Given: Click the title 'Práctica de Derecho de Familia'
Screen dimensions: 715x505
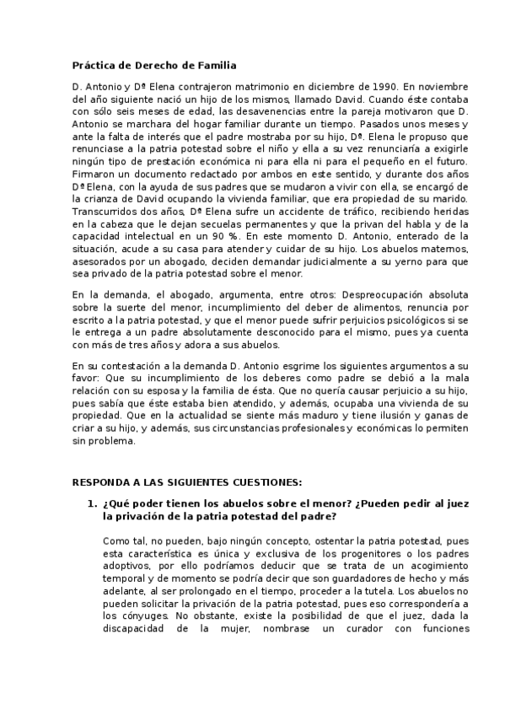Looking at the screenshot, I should click(x=154, y=65).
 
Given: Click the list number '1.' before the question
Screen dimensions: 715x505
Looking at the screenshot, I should click(x=94, y=503).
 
